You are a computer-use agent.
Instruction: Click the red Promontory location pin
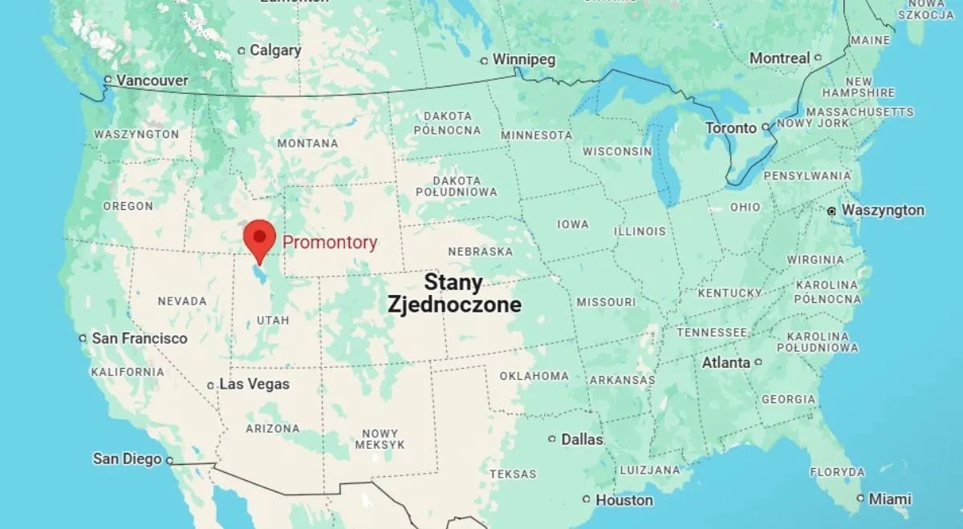(x=258, y=238)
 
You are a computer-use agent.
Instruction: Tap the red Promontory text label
(x=330, y=243)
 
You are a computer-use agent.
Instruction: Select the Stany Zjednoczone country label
(x=454, y=293)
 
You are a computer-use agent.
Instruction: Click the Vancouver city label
(x=152, y=81)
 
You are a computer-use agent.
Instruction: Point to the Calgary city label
(x=275, y=50)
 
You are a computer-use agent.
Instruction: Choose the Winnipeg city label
(x=523, y=60)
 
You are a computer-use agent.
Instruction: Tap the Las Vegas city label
(x=254, y=385)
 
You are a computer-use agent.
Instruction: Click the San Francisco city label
(x=139, y=338)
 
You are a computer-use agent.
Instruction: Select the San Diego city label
(x=127, y=459)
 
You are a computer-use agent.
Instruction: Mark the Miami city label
(x=889, y=499)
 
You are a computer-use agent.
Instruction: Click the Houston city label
(x=624, y=500)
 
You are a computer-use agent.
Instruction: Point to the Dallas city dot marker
(x=552, y=439)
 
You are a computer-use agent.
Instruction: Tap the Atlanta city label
(x=726, y=363)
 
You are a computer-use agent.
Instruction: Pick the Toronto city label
(x=730, y=128)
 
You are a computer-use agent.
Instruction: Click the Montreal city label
(x=779, y=58)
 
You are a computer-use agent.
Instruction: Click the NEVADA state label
(x=182, y=301)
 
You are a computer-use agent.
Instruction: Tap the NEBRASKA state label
(x=480, y=252)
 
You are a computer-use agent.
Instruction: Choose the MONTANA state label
(x=307, y=143)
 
